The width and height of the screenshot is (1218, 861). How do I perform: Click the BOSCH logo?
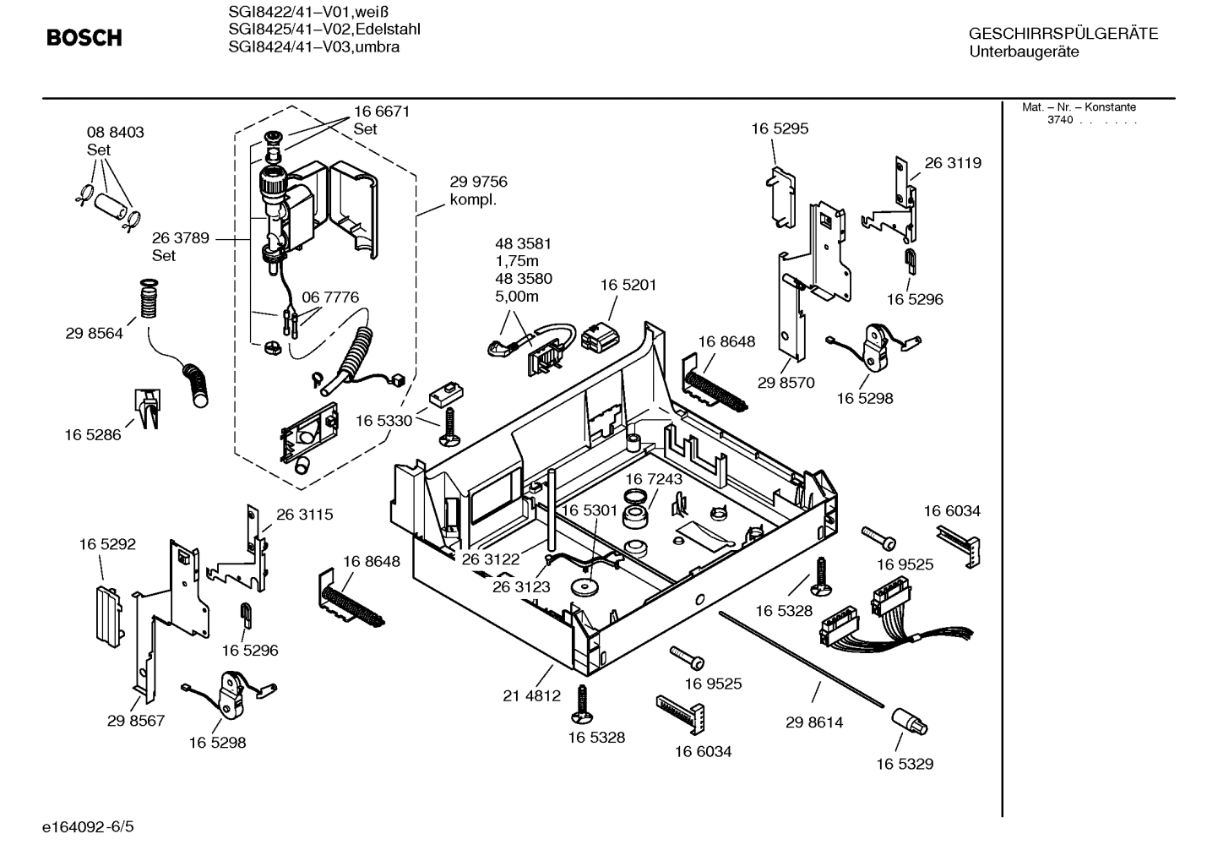(x=84, y=37)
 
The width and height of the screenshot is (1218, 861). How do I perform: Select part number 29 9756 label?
(x=478, y=182)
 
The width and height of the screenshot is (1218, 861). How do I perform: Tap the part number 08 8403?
(x=116, y=132)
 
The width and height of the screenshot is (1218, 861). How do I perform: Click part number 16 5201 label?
(x=628, y=285)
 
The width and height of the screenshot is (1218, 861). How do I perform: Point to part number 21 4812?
(x=532, y=695)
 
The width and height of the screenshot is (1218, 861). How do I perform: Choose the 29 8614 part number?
(x=814, y=722)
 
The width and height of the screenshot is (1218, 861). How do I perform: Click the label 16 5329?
(x=905, y=764)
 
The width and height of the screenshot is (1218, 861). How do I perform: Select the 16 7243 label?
(x=654, y=479)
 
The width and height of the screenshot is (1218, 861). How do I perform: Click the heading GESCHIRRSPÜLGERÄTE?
(x=1063, y=34)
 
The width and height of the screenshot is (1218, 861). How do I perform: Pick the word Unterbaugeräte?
(x=1024, y=52)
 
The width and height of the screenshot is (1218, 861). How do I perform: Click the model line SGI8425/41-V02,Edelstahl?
(x=324, y=30)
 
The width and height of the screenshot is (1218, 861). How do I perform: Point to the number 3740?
(x=1059, y=120)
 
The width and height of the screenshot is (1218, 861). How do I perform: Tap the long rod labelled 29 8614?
(x=802, y=657)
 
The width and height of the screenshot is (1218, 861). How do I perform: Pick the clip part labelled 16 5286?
(x=147, y=407)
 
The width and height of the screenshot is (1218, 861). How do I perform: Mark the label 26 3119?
(x=953, y=162)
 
